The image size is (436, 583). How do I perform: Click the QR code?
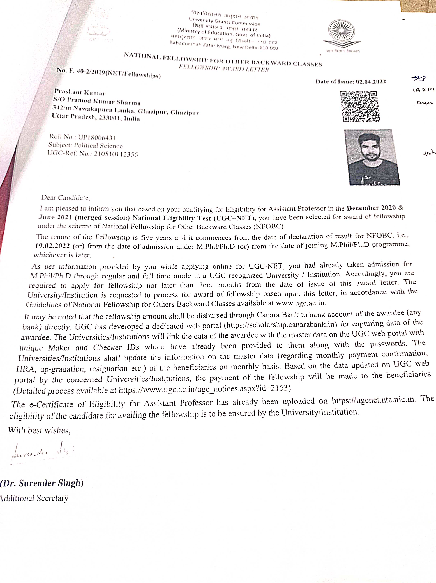pos(360,106)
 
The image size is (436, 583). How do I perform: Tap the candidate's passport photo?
pos(372,157)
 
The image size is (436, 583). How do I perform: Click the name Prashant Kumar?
pos(80,92)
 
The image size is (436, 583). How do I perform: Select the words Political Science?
pos(98,146)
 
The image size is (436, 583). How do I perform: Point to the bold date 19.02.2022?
pos(52,246)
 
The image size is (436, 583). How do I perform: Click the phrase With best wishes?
pos(39,430)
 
